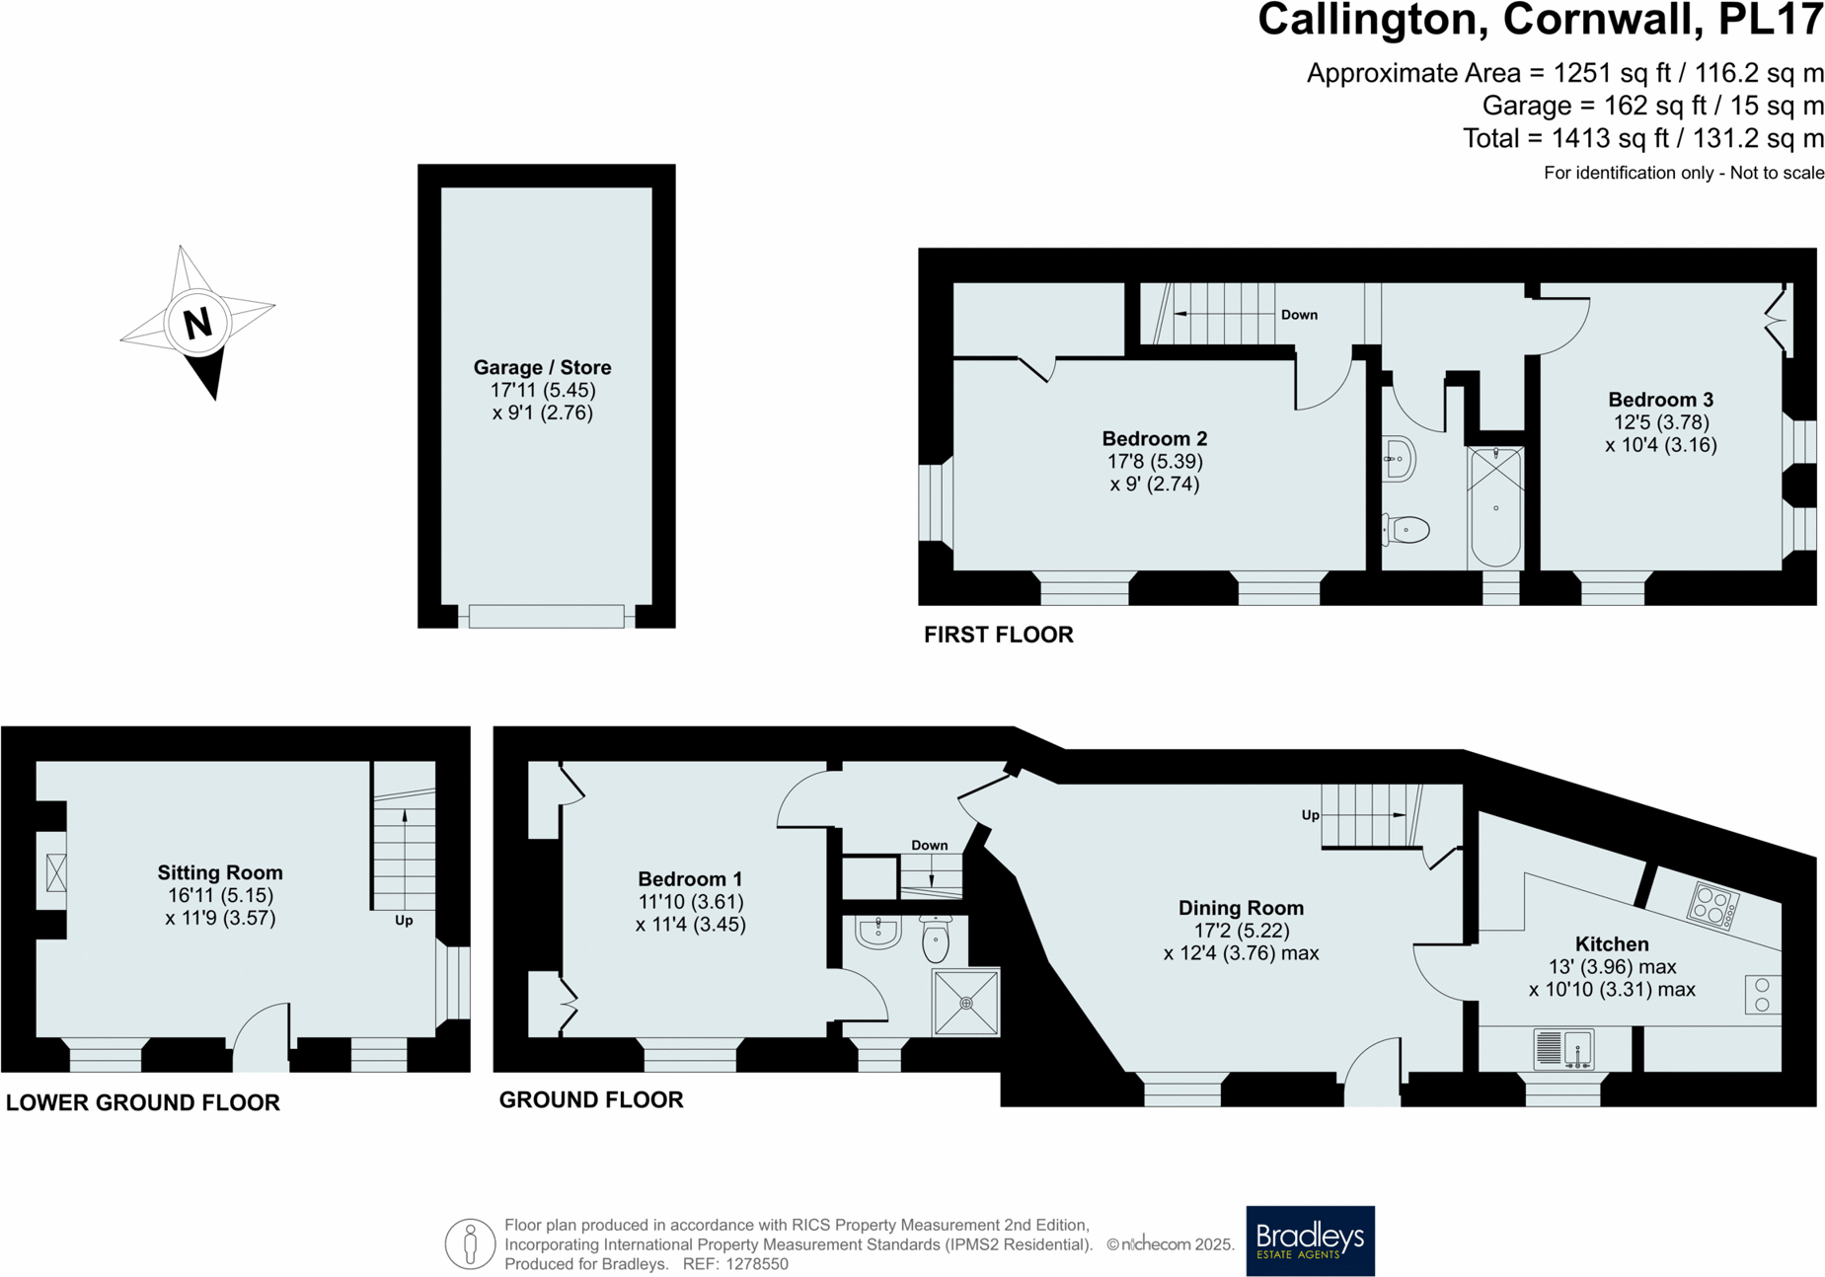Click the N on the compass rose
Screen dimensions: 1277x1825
point(197,323)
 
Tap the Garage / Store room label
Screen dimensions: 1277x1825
point(542,367)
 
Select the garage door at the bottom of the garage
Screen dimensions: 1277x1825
point(546,617)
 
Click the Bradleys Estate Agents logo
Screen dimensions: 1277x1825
point(1309,1239)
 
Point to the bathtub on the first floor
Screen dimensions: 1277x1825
point(1494,506)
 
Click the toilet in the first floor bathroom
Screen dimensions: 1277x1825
point(1407,530)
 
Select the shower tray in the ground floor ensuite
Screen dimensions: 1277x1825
point(965,1003)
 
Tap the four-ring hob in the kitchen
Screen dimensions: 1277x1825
point(1711,905)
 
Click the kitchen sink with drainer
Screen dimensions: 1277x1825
point(1563,1048)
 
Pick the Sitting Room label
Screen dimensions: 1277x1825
point(220,872)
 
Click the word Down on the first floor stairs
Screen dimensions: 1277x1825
point(1298,315)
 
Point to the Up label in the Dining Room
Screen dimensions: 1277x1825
point(1310,815)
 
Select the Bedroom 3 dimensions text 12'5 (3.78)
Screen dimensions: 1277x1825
point(1660,422)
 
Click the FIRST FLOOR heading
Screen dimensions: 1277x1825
point(998,635)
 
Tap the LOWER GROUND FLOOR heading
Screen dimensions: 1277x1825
point(143,1102)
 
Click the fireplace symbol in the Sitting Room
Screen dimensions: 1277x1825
point(56,872)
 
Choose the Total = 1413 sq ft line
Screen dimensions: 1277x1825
point(1642,138)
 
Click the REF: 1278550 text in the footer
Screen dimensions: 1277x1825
point(735,1264)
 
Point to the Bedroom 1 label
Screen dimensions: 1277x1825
point(690,878)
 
